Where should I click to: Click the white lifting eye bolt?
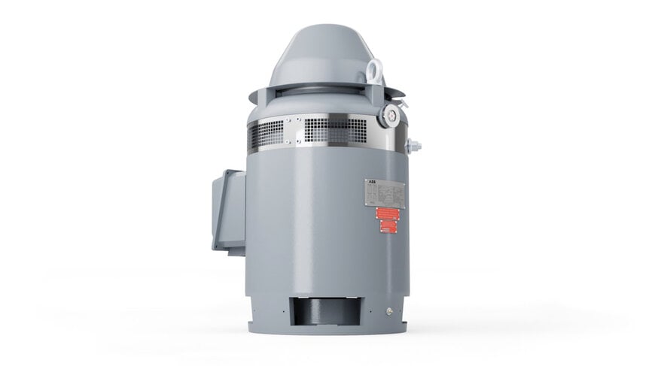[374, 71]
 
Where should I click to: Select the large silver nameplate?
[385, 193]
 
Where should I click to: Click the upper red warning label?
[387, 213]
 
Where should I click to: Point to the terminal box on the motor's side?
[228, 210]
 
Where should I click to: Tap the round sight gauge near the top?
[391, 114]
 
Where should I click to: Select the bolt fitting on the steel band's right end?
[413, 145]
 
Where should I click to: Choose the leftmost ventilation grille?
[265, 136]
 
